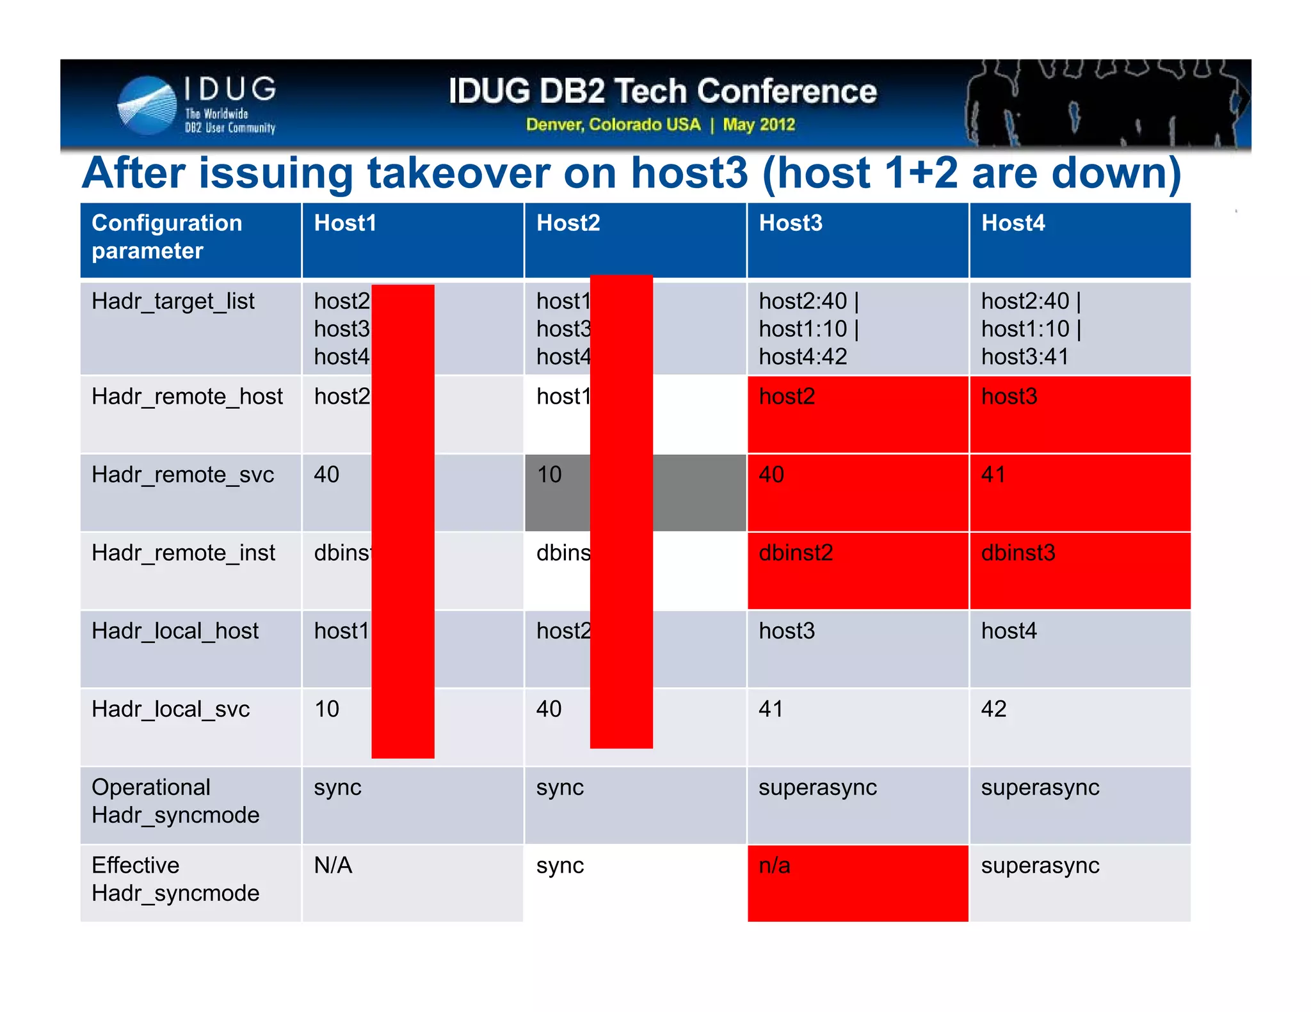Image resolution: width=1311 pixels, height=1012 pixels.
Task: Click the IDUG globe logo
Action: (x=147, y=106)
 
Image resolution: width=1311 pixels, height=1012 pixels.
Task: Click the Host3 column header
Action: (x=791, y=223)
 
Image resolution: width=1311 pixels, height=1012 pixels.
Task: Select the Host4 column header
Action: (x=1013, y=223)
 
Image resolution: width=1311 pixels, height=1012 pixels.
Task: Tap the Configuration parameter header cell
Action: (x=167, y=237)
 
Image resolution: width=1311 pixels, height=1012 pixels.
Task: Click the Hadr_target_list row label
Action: (x=173, y=301)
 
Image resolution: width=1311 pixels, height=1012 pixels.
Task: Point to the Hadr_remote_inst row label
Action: (x=183, y=553)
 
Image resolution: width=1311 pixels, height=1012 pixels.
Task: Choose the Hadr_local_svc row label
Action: (x=170, y=709)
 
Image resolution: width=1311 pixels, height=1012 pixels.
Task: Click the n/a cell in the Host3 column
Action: (x=775, y=866)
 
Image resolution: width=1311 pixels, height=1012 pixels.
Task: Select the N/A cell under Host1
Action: (x=333, y=866)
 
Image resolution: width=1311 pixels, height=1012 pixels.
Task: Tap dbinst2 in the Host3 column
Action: (x=796, y=553)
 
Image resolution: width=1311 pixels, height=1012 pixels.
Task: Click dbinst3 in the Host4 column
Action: (x=1018, y=553)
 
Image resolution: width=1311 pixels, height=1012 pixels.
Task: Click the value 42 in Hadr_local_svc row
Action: (x=993, y=709)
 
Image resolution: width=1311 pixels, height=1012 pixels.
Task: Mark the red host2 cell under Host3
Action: (x=787, y=397)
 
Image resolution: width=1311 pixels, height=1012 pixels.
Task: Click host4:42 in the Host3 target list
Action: (x=803, y=357)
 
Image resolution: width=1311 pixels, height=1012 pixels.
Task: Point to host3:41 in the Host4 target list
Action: (x=1025, y=357)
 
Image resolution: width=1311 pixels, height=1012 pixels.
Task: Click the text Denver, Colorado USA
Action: (x=613, y=124)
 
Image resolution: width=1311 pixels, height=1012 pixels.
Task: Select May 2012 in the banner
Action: (x=759, y=124)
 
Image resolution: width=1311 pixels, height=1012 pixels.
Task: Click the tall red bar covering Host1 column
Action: (x=403, y=521)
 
